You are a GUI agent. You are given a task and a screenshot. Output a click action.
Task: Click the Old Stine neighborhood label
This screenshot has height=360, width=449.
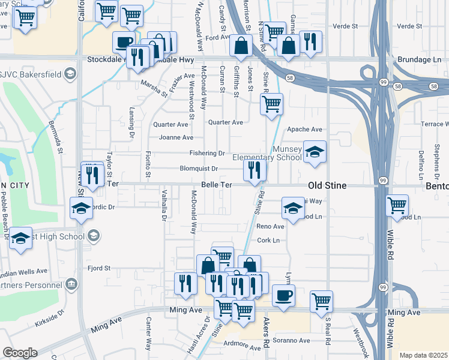click(327, 185)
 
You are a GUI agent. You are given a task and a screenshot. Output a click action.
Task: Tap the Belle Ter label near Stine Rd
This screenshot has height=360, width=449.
click(217, 185)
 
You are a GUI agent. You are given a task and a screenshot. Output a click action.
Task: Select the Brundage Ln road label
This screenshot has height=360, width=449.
click(420, 61)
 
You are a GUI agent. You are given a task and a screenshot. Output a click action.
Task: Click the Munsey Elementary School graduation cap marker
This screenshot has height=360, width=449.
click(314, 152)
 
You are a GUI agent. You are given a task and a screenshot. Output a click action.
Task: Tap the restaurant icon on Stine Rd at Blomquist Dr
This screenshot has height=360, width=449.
click(255, 170)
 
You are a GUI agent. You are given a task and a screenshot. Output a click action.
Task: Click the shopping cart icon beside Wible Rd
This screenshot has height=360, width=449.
click(397, 206)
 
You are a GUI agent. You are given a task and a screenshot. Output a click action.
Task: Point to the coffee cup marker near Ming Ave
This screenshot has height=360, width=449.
click(283, 296)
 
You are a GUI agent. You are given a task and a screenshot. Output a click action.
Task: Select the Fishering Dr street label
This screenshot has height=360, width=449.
click(207, 154)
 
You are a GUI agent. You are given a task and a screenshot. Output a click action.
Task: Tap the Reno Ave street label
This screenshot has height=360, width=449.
click(270, 227)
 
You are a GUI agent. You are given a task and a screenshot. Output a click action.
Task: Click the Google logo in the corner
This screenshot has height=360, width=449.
click(20, 353)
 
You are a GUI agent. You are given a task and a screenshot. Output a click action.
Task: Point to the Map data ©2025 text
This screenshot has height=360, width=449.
click(423, 355)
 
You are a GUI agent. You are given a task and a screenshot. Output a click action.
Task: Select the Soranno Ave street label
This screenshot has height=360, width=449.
click(292, 340)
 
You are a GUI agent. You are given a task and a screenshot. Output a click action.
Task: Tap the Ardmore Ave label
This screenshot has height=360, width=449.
click(244, 347)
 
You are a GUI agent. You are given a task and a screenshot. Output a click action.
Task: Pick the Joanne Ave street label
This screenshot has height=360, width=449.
click(176, 137)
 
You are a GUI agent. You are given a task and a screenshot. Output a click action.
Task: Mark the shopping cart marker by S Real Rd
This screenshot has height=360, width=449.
click(322, 301)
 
